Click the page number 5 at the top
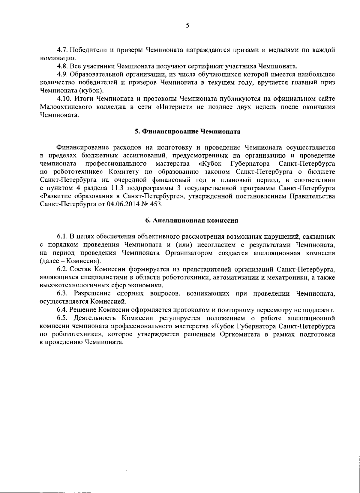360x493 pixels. point(187,26)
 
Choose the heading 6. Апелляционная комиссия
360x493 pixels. point(187,221)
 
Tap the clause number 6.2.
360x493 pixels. point(62,269)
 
